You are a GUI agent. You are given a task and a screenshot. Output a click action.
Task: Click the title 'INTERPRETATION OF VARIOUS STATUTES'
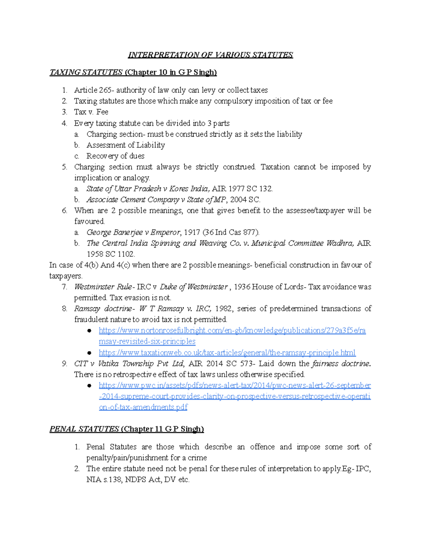(210, 55)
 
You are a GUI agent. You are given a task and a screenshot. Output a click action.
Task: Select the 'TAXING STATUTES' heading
(86, 72)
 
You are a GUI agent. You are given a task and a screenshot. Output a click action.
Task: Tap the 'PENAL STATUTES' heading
(84, 429)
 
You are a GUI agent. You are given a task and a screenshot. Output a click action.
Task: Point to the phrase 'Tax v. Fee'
(91, 112)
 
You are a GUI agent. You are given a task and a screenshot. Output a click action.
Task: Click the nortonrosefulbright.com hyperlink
(232, 331)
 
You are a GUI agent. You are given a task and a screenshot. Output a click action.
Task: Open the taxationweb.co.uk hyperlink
(227, 353)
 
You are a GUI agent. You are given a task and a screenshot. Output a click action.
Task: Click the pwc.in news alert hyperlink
(234, 385)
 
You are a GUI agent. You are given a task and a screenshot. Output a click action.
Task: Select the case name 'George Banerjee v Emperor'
(133, 232)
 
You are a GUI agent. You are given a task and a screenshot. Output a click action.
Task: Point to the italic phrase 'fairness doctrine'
(340, 364)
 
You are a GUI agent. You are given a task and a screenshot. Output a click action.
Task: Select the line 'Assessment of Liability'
(126, 145)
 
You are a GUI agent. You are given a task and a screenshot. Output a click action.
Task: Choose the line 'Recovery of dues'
(115, 156)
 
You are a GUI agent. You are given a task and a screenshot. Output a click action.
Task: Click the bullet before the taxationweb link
(89, 353)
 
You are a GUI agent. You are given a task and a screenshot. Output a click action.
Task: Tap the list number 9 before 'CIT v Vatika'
(64, 364)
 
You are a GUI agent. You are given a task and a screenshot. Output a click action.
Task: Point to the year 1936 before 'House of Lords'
(242, 287)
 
